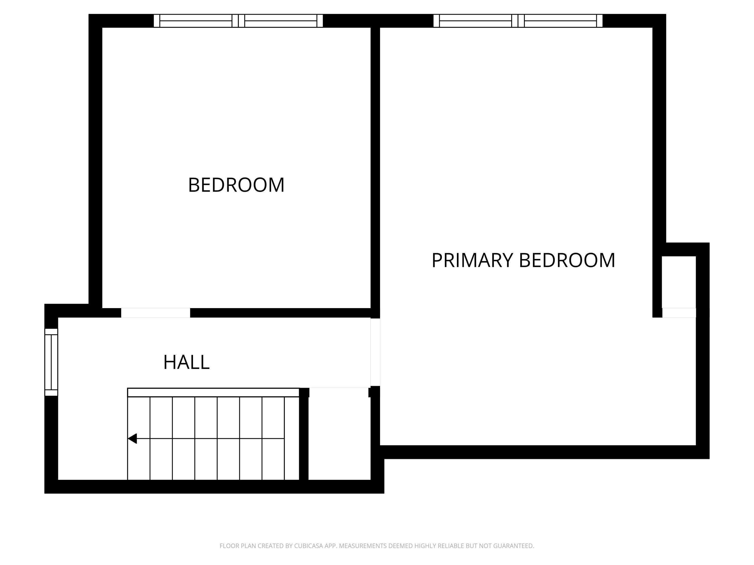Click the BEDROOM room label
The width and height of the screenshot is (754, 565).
(x=236, y=185)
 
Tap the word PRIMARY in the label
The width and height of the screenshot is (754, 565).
(x=472, y=261)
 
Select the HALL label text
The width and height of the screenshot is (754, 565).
(x=186, y=362)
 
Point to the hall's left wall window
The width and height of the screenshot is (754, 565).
(x=51, y=362)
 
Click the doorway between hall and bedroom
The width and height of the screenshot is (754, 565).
(x=155, y=313)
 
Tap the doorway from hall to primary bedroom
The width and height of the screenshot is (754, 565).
(x=375, y=352)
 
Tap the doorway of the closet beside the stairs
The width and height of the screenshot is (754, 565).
(x=339, y=392)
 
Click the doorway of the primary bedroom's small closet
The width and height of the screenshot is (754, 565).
(x=679, y=313)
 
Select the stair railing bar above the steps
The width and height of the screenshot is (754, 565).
(x=213, y=392)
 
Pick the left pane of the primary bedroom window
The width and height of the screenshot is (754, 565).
(x=476, y=21)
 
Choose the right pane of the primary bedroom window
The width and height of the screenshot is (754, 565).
(x=560, y=21)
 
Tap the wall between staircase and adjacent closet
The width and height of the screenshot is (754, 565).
(x=304, y=438)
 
